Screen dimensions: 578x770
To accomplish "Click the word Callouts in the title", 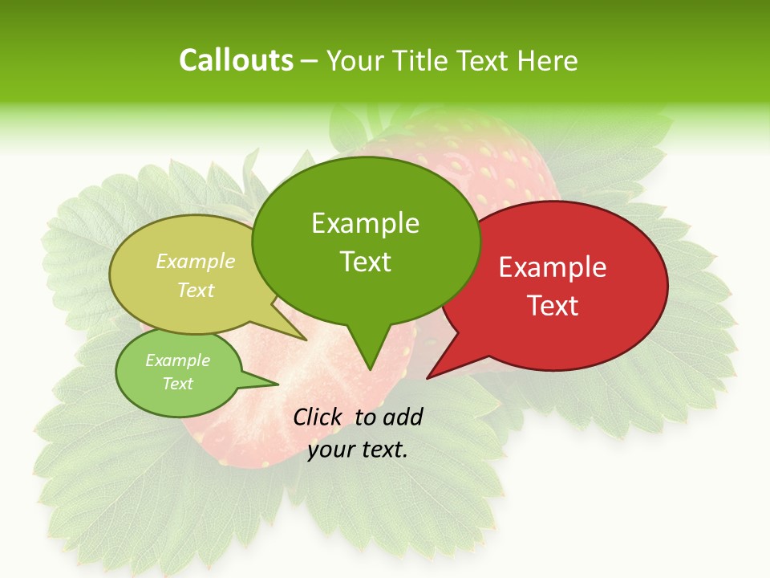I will (236, 60).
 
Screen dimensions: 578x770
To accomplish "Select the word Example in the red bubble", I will (553, 267).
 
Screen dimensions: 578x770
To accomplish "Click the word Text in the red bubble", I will (553, 305).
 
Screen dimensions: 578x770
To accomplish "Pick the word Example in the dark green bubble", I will (365, 223).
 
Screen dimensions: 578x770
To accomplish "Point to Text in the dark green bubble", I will (365, 261).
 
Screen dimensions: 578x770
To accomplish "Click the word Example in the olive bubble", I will (196, 262).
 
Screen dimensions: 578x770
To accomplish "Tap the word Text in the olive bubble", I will (196, 290).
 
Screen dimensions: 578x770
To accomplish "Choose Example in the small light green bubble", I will (177, 360).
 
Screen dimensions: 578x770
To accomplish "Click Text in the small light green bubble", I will (177, 384).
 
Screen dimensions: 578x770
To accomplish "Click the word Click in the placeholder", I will (319, 417).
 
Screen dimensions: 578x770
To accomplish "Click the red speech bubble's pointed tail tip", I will (428, 377).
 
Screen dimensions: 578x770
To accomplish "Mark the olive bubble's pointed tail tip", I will (306, 340).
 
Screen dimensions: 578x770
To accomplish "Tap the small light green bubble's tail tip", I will (278, 383).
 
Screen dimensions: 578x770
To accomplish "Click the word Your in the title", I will (355, 60).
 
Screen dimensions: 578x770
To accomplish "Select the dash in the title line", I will (310, 61).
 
